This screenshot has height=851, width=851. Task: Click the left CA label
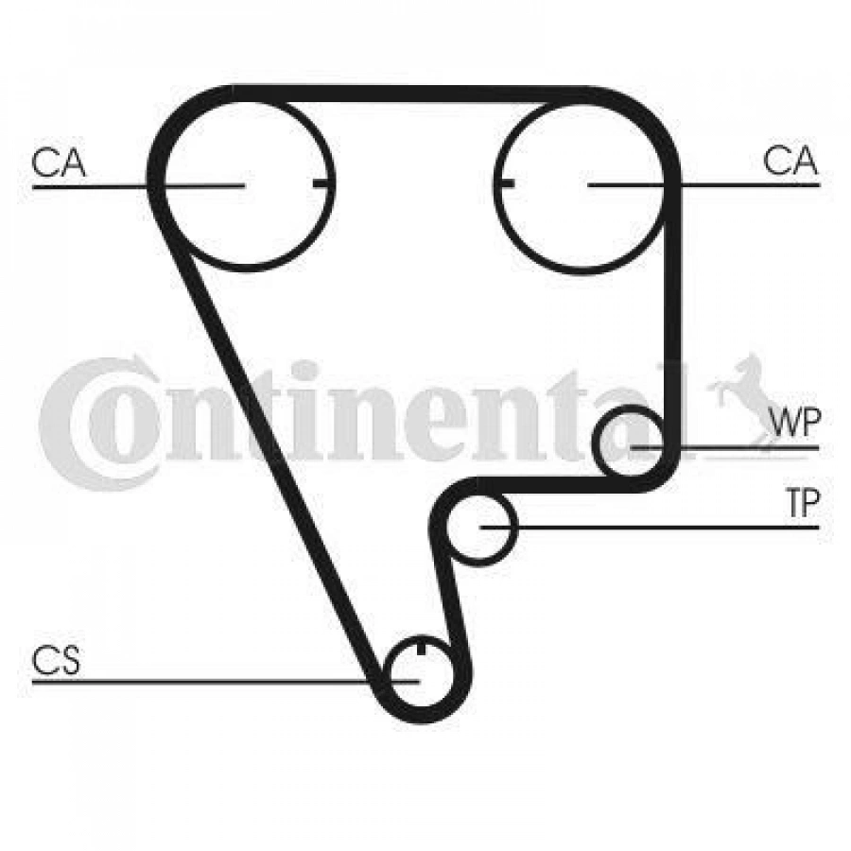[59, 162]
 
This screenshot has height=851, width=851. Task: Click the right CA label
[790, 160]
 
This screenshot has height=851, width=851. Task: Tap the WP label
[796, 423]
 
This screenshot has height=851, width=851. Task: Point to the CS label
[56, 660]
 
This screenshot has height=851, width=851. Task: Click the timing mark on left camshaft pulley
[321, 184]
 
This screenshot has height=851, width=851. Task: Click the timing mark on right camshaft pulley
[506, 183]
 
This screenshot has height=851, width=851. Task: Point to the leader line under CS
[225, 681]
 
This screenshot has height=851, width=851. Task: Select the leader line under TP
[650, 527]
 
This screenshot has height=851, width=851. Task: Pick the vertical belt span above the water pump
[672, 315]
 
